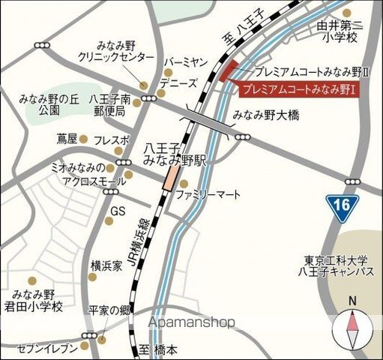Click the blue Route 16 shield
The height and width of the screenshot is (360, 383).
343,204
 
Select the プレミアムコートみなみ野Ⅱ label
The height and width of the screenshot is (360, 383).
311,73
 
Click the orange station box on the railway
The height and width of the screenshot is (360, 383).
172,177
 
